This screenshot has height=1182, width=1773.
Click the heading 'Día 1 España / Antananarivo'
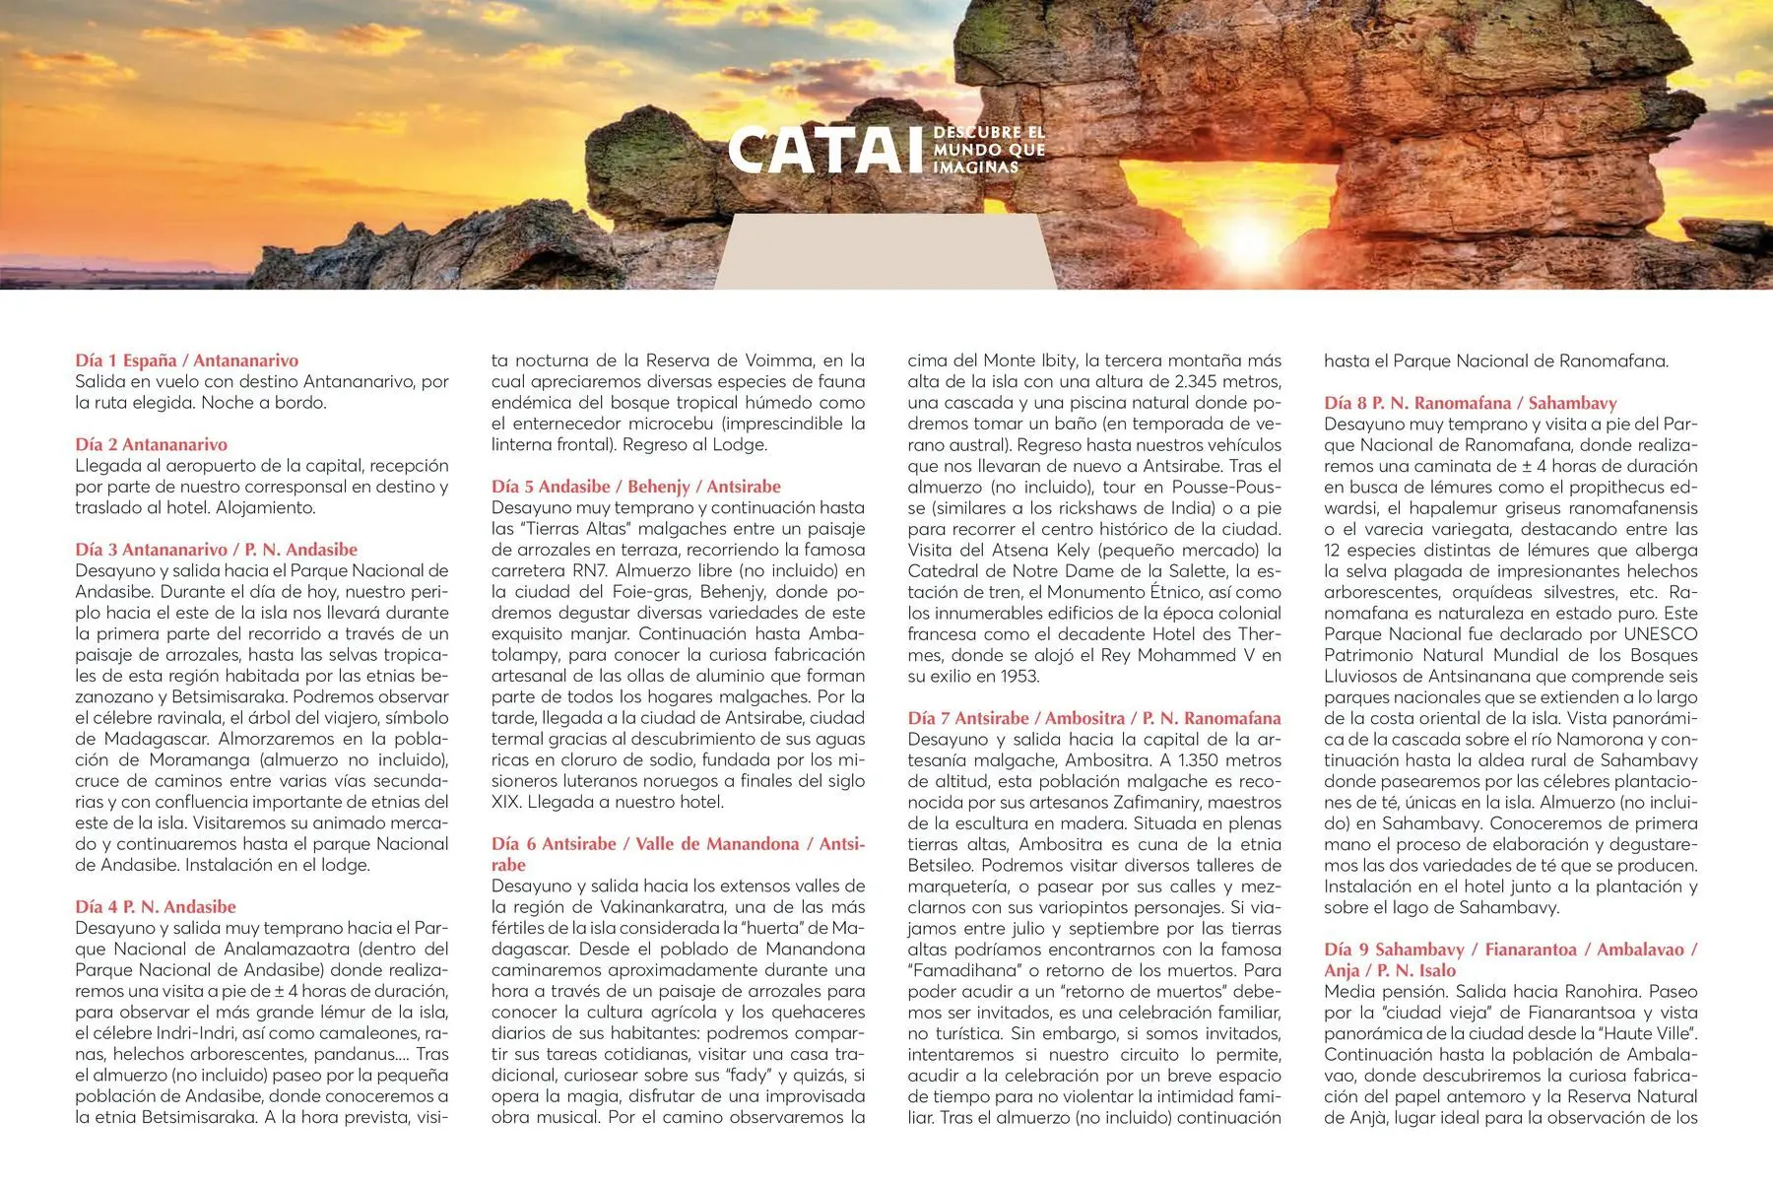pyautogui.click(x=186, y=361)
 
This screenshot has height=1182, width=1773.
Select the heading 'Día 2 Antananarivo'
pyautogui.click(x=151, y=444)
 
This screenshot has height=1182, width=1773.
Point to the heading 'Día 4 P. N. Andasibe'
pyautogui.click(x=156, y=906)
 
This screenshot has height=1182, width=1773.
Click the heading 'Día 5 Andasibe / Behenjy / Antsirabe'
pyautogui.click(x=635, y=487)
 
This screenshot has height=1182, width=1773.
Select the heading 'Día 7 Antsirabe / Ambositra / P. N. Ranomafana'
pyautogui.click(x=1093, y=718)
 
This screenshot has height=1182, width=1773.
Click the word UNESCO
pyautogui.click(x=1660, y=634)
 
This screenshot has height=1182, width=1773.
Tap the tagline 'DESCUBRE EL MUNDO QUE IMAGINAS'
pyautogui.click(x=988, y=150)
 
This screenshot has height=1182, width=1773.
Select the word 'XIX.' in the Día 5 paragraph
pyautogui.click(x=506, y=803)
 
